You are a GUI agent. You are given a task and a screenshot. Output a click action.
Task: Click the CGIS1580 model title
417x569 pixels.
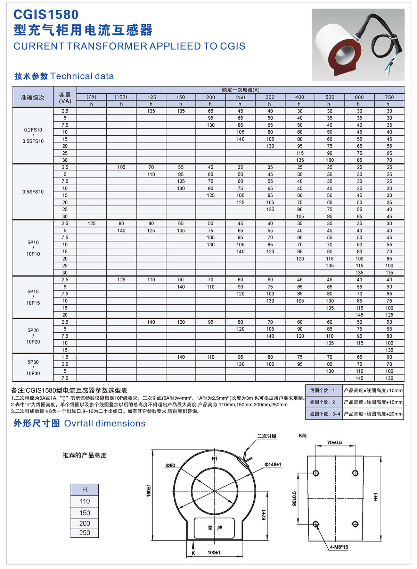pyautogui.click(x=46, y=15)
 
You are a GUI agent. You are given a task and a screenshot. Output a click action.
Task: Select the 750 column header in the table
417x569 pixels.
pyautogui.click(x=389, y=97)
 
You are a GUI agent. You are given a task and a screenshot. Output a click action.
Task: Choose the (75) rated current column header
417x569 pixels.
pyautogui.click(x=91, y=97)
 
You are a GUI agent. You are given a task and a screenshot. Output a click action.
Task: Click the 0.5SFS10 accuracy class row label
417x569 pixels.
pyautogui.click(x=33, y=192)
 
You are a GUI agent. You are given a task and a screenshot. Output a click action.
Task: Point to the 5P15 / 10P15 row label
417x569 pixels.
pyautogui.click(x=33, y=297)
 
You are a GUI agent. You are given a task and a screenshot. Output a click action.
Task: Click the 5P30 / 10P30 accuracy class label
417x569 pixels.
pyautogui.click(x=33, y=368)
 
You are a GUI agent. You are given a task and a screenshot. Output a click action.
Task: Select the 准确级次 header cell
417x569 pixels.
pyautogui.click(x=33, y=97)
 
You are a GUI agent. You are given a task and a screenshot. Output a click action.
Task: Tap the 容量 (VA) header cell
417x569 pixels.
pyautogui.click(x=65, y=97)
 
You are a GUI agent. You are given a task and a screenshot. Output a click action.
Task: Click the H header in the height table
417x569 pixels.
pyautogui.click(x=84, y=490)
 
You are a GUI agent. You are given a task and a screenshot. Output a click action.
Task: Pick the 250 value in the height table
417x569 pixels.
pyautogui.click(x=84, y=533)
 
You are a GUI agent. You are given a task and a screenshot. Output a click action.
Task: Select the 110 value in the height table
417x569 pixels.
pyautogui.click(x=84, y=501)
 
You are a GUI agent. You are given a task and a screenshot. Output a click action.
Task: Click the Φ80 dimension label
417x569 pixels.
pyautogui.click(x=170, y=465)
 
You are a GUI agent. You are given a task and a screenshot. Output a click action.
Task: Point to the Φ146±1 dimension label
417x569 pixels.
pyautogui.click(x=273, y=464)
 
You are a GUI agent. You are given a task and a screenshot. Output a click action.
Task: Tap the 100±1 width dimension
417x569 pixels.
pyautogui.click(x=214, y=552)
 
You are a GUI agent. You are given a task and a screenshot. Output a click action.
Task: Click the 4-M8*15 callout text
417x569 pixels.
pyautogui.click(x=339, y=547)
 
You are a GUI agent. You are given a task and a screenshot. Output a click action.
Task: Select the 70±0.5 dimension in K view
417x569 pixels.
pyautogui.click(x=334, y=442)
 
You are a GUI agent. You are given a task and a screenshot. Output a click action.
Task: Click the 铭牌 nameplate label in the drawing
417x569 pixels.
pyautogui.click(x=215, y=528)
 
